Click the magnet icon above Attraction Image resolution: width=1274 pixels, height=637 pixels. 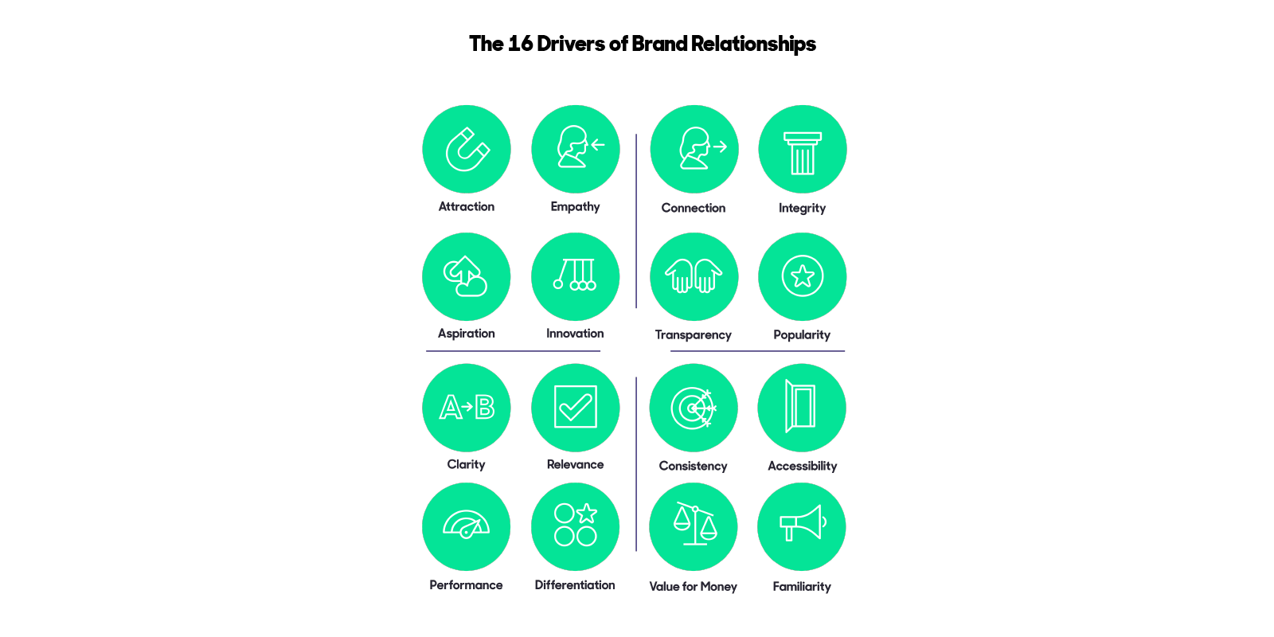[x=467, y=149]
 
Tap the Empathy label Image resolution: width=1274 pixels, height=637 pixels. [x=575, y=206]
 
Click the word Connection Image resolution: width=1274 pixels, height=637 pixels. [x=693, y=208]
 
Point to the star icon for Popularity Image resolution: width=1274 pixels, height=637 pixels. [x=802, y=276]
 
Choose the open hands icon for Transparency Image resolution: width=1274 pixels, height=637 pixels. [x=694, y=276]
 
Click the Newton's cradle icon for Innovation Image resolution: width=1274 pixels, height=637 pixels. [x=575, y=276]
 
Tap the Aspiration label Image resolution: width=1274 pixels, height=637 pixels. [x=466, y=334]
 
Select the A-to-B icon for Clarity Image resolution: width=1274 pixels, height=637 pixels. [x=467, y=407]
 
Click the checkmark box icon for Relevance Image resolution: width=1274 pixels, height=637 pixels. [x=575, y=407]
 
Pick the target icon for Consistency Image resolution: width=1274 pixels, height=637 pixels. [x=693, y=408]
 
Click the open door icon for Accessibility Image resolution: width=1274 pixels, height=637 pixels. [x=801, y=407]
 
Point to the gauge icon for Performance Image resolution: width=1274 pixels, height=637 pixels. [x=466, y=525]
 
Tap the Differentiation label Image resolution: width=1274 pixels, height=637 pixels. [x=575, y=585]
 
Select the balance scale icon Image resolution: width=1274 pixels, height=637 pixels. [x=694, y=525]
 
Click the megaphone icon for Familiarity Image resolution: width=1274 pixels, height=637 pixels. [x=801, y=525]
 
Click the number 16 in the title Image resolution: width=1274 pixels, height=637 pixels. [x=520, y=44]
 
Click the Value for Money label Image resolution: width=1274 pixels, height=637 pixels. [x=693, y=587]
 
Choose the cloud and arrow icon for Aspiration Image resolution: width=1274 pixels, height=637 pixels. [x=466, y=276]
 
